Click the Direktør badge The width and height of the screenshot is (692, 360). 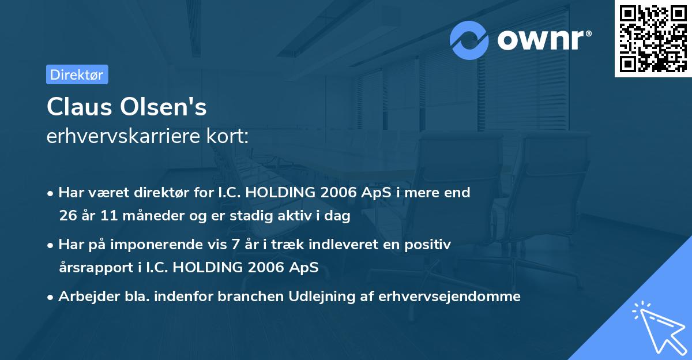77,74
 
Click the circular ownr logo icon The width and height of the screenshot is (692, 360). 470,40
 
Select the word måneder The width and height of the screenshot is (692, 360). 140,216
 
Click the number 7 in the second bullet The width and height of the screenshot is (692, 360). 235,245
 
